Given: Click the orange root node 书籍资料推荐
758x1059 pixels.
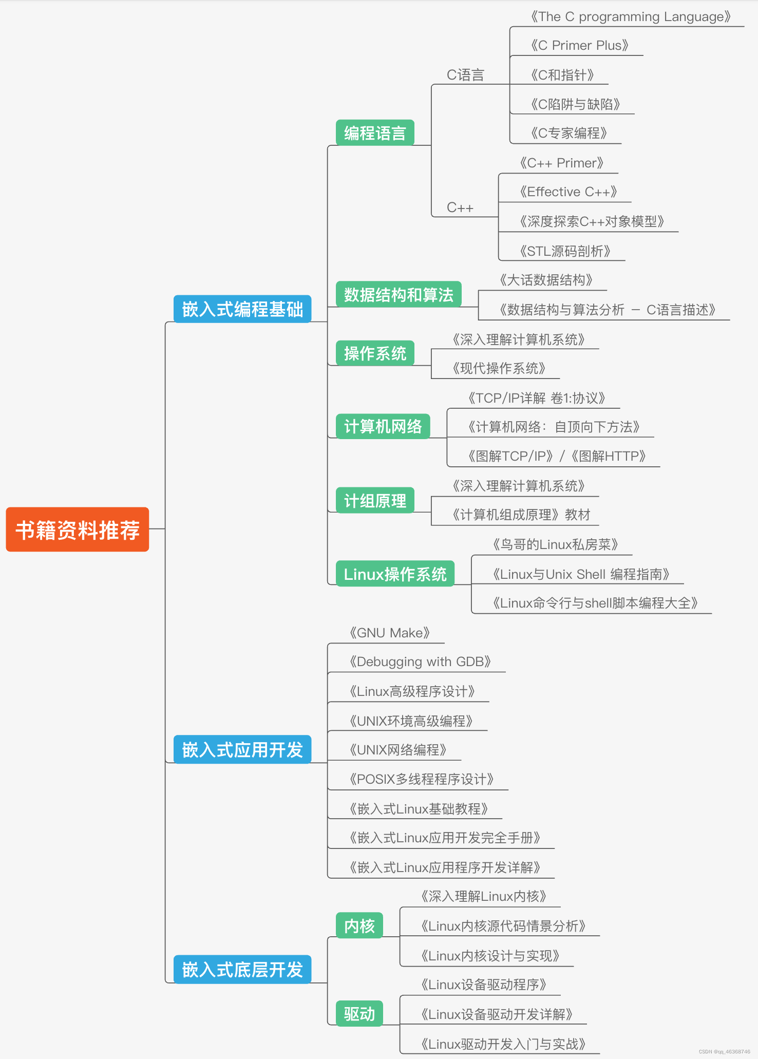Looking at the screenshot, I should (78, 529).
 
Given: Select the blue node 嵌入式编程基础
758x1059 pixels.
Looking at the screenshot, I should (242, 309).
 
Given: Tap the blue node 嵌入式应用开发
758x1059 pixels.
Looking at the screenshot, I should (242, 750).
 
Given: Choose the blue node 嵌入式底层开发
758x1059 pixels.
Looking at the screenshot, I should (242, 970).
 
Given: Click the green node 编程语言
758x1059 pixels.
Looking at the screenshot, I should (375, 133).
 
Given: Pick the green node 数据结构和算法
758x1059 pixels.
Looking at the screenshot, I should (399, 295).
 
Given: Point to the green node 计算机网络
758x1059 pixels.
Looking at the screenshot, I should (383, 426).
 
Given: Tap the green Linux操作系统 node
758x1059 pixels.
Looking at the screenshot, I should (395, 574).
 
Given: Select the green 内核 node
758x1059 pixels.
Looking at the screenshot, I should (359, 926).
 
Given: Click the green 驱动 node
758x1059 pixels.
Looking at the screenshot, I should (359, 1014).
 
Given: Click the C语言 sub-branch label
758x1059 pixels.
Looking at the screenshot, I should (465, 75).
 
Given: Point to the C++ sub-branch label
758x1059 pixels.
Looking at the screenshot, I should (460, 207).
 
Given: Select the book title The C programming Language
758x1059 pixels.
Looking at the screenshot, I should (631, 17).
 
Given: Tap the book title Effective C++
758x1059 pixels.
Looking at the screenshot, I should (568, 192).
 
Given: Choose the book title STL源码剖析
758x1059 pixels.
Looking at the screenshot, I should (565, 251).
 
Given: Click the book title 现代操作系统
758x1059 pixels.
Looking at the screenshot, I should (499, 368).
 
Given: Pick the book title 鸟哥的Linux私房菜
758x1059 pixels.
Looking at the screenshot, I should (555, 544).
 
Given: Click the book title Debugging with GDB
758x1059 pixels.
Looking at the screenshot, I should (420, 661).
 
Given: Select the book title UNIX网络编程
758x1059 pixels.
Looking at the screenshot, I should (398, 750).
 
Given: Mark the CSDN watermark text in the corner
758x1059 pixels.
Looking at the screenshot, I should (724, 1052).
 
